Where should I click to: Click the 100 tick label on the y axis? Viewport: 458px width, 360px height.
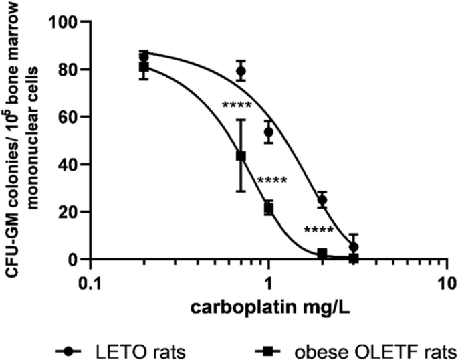tap(64, 22)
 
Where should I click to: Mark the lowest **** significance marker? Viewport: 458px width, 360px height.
tap(318, 231)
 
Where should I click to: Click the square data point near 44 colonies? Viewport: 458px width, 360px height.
tap(241, 156)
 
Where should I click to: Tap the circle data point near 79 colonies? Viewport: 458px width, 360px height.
tap(241, 71)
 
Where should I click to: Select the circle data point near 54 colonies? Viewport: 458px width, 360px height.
tap(269, 132)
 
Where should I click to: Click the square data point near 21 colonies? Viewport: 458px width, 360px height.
tap(269, 208)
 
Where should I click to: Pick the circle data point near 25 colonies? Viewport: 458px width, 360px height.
tap(322, 200)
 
